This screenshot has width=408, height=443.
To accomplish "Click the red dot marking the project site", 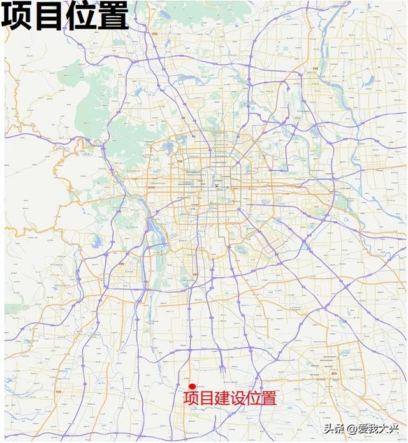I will click(192, 386).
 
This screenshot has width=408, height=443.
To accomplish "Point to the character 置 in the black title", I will click(113, 17).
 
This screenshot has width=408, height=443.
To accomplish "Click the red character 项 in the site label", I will click(191, 399).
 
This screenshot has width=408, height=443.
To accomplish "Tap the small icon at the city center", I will click(217, 186).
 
